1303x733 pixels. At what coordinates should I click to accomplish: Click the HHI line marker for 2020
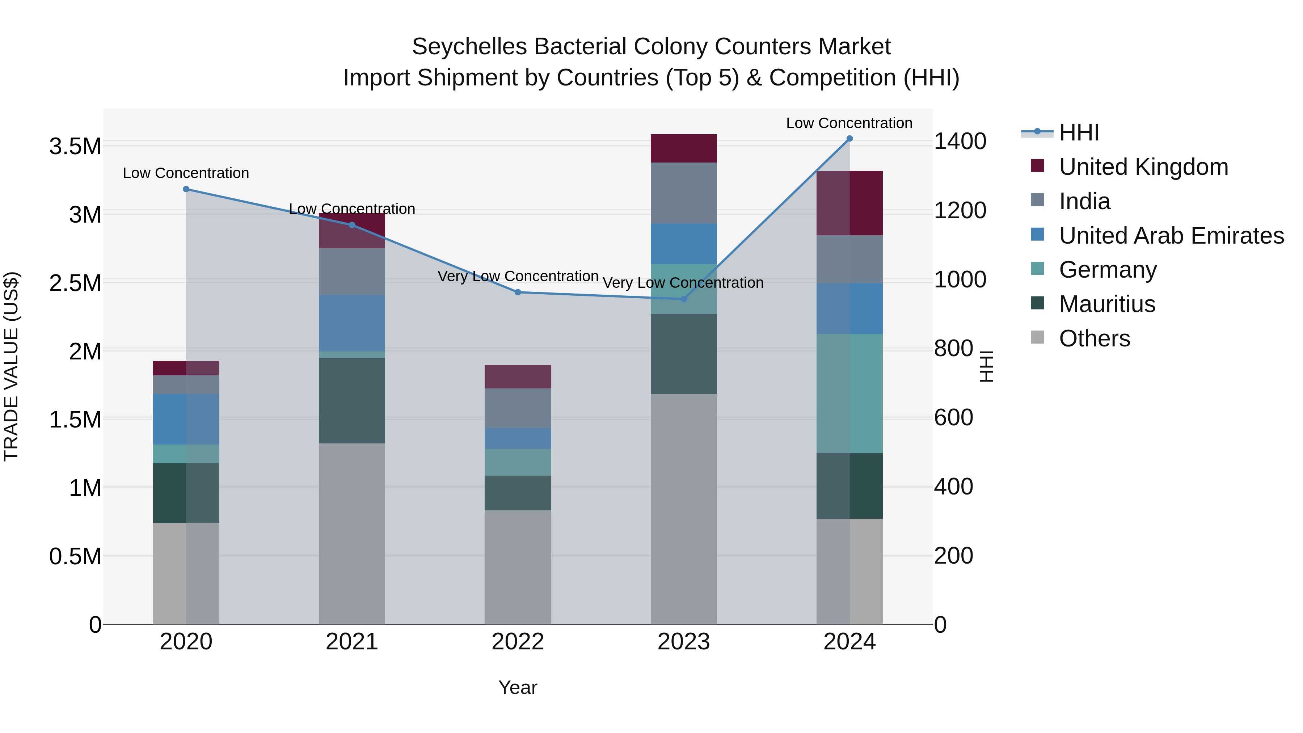click(186, 189)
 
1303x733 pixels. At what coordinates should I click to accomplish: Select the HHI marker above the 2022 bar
click(518, 292)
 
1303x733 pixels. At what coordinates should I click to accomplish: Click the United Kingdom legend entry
click(1143, 167)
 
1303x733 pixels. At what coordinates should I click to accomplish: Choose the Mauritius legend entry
click(1107, 304)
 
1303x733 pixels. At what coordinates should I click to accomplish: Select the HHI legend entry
click(1079, 132)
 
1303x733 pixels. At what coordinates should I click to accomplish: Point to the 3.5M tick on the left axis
click(75, 147)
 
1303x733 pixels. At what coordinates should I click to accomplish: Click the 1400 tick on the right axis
click(960, 142)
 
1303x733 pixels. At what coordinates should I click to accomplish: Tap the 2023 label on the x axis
click(683, 642)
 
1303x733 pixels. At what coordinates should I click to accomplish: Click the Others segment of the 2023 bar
click(683, 509)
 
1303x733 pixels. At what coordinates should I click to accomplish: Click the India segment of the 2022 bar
click(518, 408)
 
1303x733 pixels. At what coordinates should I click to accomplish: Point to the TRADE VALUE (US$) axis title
click(11, 366)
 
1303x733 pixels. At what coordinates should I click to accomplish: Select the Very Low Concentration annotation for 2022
click(518, 277)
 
